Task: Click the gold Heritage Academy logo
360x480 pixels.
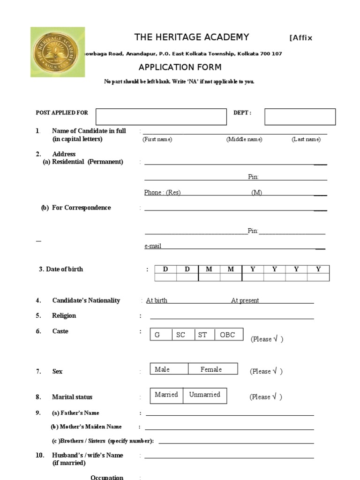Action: [58, 52]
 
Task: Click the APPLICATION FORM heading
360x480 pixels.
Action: [180, 67]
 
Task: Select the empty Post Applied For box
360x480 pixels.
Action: [161, 117]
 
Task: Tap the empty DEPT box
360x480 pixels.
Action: [300, 117]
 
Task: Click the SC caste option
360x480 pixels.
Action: [181, 335]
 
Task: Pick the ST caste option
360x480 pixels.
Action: [202, 335]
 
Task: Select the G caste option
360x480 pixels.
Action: [157, 335]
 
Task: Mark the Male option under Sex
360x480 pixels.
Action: [162, 369]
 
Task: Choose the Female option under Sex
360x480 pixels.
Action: [211, 369]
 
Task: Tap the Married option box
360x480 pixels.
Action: [166, 395]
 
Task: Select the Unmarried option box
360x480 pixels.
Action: [204, 395]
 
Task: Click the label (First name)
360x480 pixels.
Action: [157, 139]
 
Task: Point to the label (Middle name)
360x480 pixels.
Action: [244, 139]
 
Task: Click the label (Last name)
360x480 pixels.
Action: [306, 139]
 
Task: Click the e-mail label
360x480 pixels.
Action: [153, 246]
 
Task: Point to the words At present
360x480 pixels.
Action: [245, 300]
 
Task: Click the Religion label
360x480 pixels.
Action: [64, 315]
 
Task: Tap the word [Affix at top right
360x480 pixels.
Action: [301, 38]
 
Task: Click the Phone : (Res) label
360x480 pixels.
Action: [162, 193]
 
